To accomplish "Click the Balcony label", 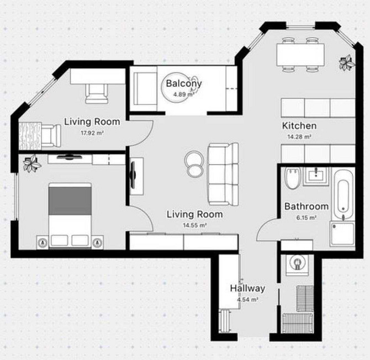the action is [184, 83].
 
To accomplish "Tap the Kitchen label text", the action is [299, 126].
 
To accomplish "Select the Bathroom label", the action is [306, 207].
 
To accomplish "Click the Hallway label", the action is [247, 289].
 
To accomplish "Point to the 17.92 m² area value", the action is [92, 133].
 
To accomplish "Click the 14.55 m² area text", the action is [195, 225].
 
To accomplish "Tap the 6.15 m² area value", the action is [306, 218].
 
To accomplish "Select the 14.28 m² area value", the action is [299, 136].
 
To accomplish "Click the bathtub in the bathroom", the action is [343, 194].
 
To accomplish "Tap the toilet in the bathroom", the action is [292, 178].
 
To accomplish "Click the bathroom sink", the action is [316, 176].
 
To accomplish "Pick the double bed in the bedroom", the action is [70, 215].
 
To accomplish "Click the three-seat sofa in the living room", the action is [223, 174].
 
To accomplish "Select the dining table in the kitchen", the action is [300, 55].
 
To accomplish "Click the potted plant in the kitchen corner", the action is [347, 62].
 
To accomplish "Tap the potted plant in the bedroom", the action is [32, 163].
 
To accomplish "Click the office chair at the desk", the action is [97, 93].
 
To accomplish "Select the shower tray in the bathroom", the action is [342, 234].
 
